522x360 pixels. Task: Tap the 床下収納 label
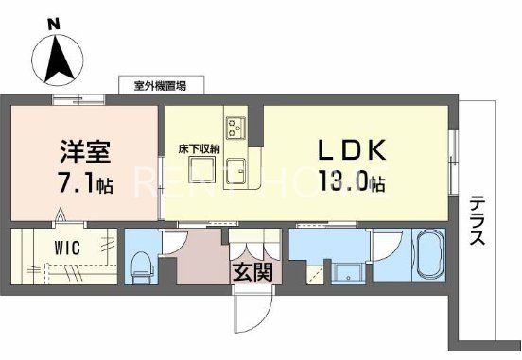[200, 147]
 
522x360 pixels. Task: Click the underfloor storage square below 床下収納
[200, 169]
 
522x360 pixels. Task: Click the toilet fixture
[143, 264]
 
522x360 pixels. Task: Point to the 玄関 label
[251, 272]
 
